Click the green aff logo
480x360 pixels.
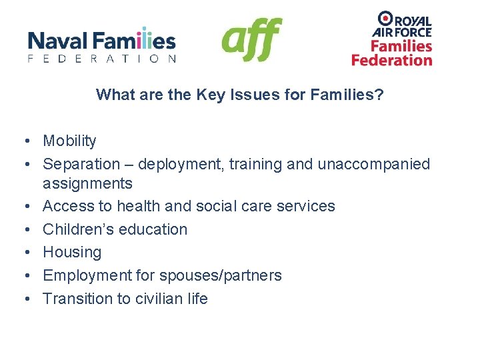coord(251,39)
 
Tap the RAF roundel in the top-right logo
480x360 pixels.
coord(385,19)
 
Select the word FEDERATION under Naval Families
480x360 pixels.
coord(102,59)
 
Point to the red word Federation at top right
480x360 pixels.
coord(392,60)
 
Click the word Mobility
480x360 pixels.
coord(69,141)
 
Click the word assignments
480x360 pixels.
coord(87,183)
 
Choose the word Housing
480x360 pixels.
coord(72,253)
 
